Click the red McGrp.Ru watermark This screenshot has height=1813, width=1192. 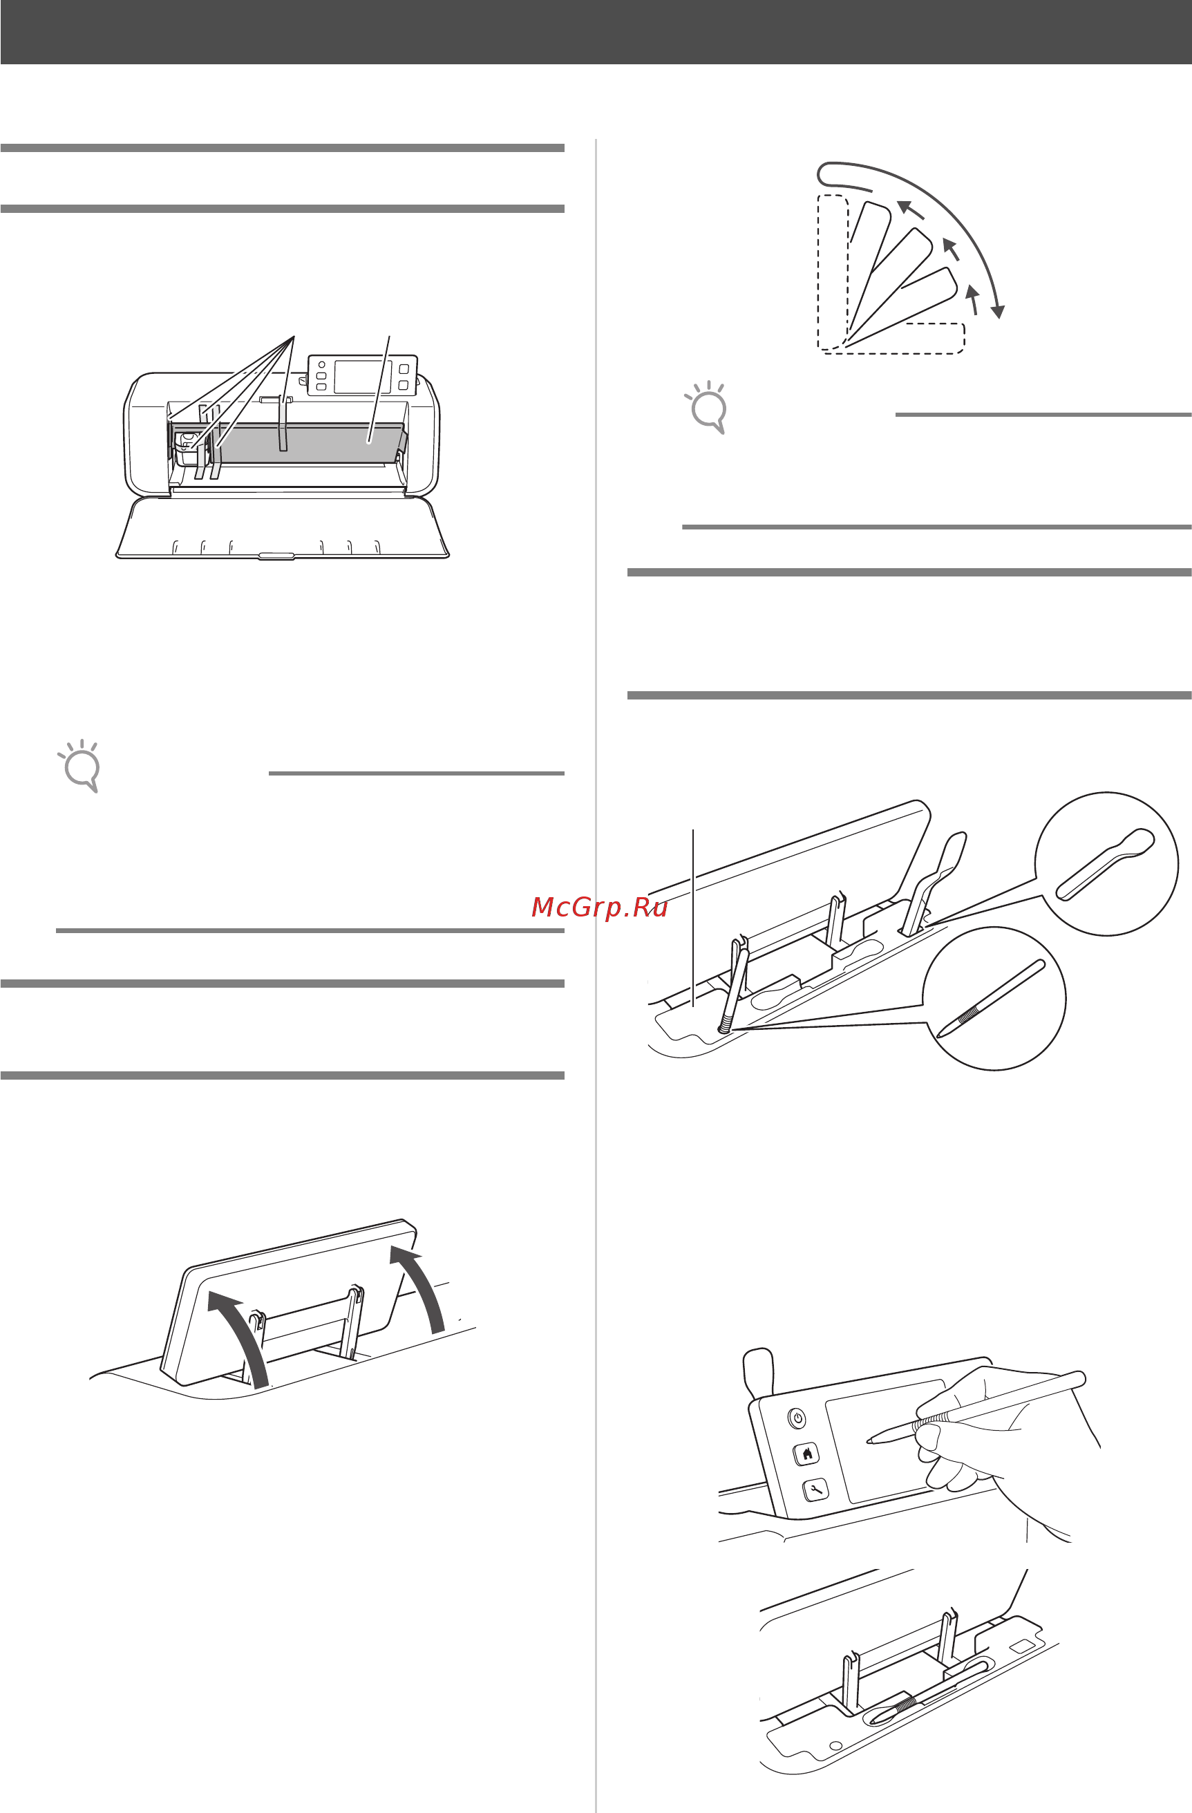point(599,908)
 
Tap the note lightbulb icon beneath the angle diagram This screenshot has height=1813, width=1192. point(706,407)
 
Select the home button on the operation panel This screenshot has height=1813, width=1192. point(806,1453)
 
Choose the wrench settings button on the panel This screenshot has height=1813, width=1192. point(815,1490)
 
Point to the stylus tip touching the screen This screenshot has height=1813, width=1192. point(869,1440)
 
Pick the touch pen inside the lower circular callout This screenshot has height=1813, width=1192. point(990,999)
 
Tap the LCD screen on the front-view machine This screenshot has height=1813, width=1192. point(363,376)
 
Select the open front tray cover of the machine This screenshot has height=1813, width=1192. point(282,527)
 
